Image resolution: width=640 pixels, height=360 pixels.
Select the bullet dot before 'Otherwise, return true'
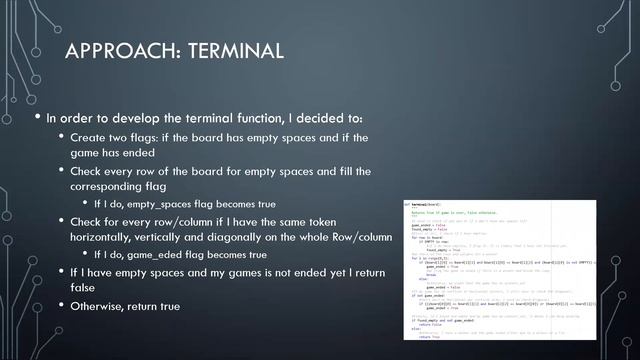tap(60, 305)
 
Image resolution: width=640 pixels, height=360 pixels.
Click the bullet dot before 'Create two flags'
tap(60, 137)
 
